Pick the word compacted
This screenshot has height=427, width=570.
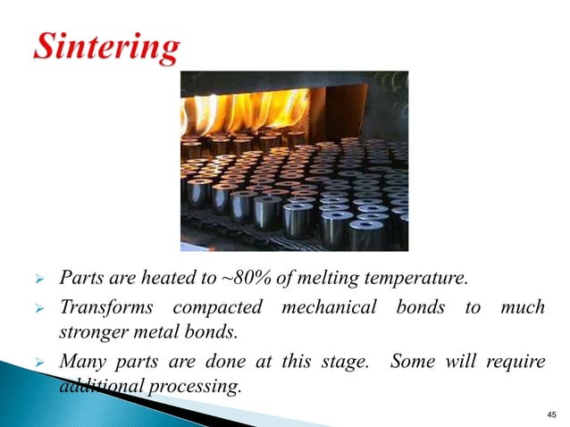(x=220, y=307)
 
